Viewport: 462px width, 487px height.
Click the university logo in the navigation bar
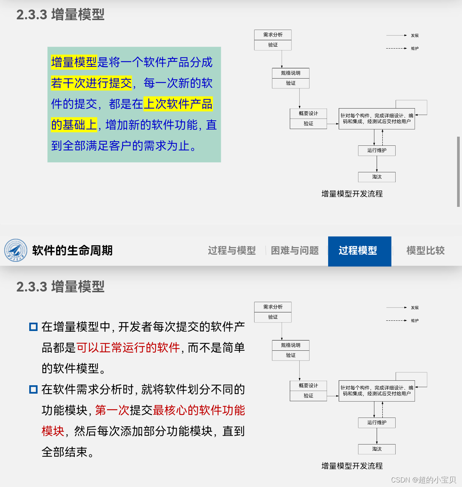click(x=16, y=251)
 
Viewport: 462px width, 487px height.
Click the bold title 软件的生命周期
click(x=72, y=251)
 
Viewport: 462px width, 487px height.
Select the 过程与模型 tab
click(x=232, y=251)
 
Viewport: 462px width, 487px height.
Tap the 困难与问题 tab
click(x=295, y=251)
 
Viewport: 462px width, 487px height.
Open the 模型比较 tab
click(x=425, y=251)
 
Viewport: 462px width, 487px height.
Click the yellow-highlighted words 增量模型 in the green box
click(x=74, y=62)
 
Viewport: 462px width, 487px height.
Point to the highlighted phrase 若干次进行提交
click(x=91, y=83)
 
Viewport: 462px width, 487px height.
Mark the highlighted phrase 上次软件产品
click(x=178, y=104)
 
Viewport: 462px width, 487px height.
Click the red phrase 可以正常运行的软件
click(x=128, y=348)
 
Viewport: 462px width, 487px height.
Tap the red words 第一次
click(x=112, y=410)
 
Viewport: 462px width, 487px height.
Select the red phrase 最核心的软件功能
click(x=199, y=410)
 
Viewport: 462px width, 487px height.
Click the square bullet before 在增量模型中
click(x=33, y=327)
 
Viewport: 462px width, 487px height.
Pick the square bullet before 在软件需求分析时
click(x=33, y=389)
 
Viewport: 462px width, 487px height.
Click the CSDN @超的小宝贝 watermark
click(x=423, y=480)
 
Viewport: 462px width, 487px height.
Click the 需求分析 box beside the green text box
click(x=273, y=35)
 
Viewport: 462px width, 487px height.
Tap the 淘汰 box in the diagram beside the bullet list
click(x=377, y=449)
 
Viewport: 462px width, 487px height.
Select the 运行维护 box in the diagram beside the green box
click(x=377, y=150)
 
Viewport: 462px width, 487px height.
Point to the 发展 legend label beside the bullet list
click(x=415, y=308)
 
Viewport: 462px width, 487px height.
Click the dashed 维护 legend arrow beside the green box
click(x=396, y=49)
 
